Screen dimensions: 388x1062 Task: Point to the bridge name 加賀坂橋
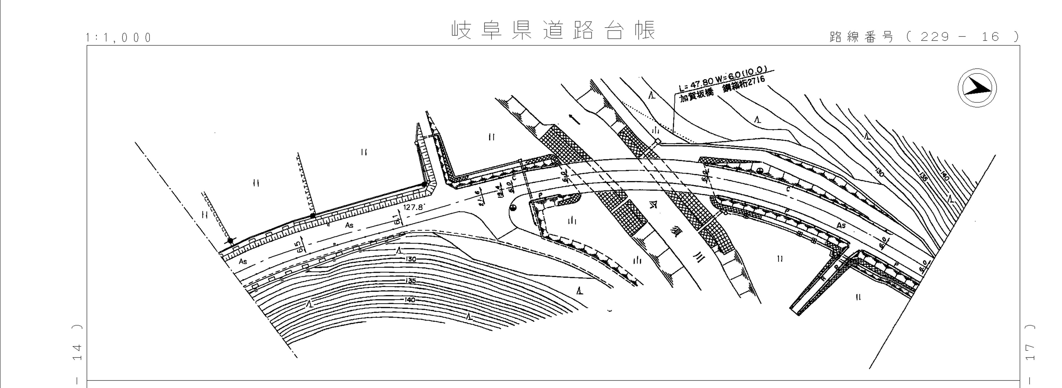(x=697, y=96)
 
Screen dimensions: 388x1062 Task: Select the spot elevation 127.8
(x=414, y=207)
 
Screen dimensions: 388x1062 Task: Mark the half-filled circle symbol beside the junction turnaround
(x=514, y=208)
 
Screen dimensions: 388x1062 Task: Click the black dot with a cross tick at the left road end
(x=230, y=241)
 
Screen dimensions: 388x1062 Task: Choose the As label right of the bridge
(x=841, y=226)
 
